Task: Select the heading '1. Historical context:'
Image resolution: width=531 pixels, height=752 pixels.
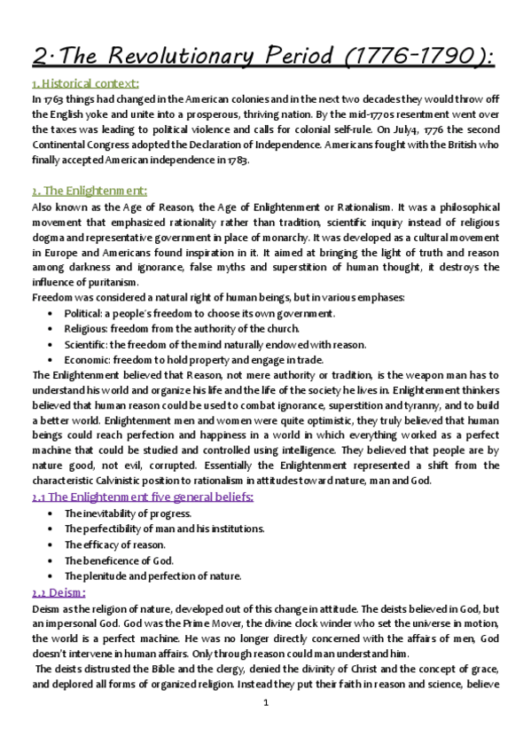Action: tap(81, 84)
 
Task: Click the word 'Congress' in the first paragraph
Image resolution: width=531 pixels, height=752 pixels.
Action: tap(146, 145)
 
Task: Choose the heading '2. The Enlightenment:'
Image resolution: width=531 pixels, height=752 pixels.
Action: tap(83, 191)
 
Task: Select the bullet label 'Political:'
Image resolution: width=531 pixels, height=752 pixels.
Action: tap(87, 313)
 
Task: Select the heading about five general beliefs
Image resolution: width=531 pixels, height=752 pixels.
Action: tap(142, 497)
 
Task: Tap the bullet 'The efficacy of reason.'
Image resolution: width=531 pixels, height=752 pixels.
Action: tap(115, 544)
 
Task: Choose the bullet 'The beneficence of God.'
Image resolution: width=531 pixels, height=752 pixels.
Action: tap(119, 560)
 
